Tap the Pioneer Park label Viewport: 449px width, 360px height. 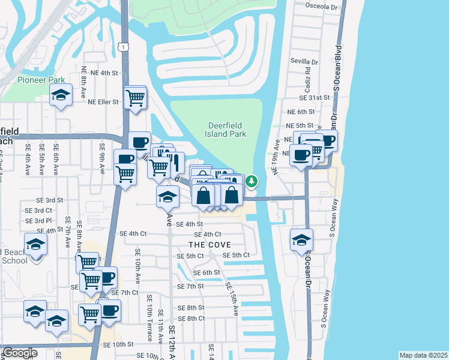[x=41, y=80]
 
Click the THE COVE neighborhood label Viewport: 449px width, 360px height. [x=209, y=245]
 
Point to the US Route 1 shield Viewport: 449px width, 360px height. [x=123, y=47]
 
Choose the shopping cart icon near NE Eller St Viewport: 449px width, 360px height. [x=136, y=97]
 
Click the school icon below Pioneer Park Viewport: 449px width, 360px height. [x=61, y=95]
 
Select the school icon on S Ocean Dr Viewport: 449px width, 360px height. [x=301, y=240]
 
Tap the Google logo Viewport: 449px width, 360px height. [x=20, y=353]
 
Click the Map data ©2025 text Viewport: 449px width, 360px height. [x=423, y=355]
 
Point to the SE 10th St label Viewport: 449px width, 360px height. [x=118, y=344]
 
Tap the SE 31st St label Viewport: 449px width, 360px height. [x=316, y=97]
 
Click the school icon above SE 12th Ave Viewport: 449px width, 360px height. [x=168, y=196]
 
